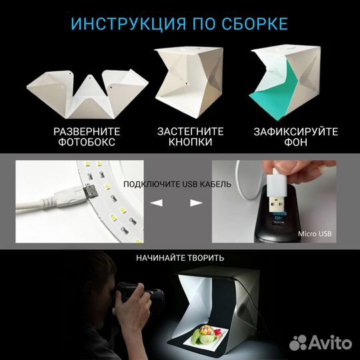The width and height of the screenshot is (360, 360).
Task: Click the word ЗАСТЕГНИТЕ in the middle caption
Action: coord(190,131)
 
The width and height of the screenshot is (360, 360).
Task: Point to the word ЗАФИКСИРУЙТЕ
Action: coord(295,131)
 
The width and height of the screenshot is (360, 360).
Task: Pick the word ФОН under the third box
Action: coord(295,143)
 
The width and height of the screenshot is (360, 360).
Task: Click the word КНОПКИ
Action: coord(190,143)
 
